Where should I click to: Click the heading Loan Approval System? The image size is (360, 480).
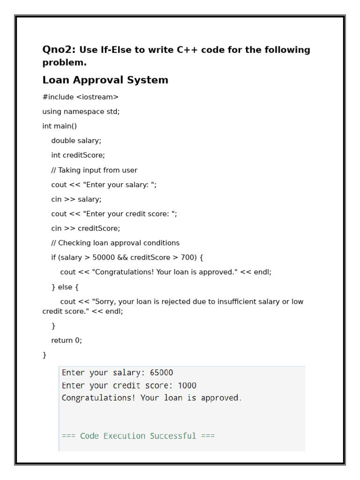105,80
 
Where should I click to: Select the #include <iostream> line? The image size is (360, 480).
80,97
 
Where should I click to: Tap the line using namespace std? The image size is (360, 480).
81,112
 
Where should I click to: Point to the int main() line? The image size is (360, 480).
60,126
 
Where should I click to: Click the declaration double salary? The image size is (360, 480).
76,141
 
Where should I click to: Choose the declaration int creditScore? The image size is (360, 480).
78,155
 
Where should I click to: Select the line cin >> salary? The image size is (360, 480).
76,199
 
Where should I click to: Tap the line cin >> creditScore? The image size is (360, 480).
85,228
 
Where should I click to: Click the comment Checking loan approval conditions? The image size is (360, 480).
115,243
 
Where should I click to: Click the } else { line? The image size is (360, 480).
65,286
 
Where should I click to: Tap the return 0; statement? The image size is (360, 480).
67,340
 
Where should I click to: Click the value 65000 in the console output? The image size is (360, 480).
161,373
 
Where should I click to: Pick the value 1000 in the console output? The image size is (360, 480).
187,385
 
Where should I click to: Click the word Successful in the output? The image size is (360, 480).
173,436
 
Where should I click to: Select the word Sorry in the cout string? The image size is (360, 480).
105,301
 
